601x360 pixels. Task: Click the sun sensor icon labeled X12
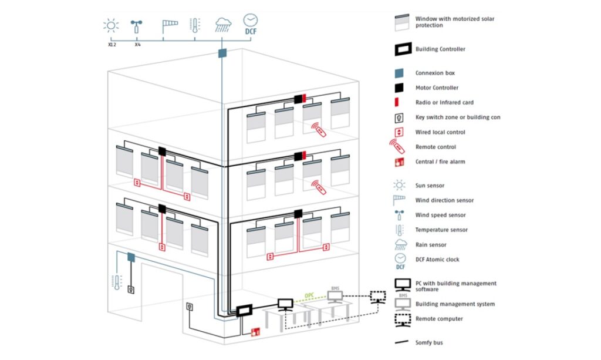pyautogui.click(x=110, y=25)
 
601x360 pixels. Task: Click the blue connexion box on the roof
pyautogui.click(x=222, y=53)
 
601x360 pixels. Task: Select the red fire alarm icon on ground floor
pyautogui.click(x=255, y=332)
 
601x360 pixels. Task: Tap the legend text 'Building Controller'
pyautogui.click(x=440, y=49)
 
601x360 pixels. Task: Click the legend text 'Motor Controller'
pyautogui.click(x=437, y=88)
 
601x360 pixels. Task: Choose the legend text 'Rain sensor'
pyautogui.click(x=431, y=245)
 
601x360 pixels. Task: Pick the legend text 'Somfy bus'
pyautogui.click(x=430, y=342)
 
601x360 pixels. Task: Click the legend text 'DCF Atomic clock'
pyautogui.click(x=437, y=260)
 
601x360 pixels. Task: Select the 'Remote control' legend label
pyautogui.click(x=435, y=147)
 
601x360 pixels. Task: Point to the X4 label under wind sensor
pyautogui.click(x=137, y=45)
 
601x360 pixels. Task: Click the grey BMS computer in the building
pyautogui.click(x=336, y=297)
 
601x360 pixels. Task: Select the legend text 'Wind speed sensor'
pyautogui.click(x=440, y=215)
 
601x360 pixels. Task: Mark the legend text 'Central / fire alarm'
pyautogui.click(x=440, y=162)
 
